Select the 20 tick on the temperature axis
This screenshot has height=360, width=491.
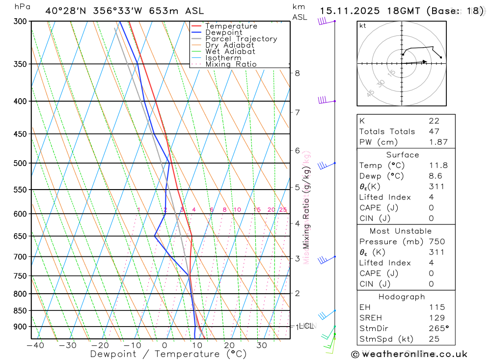[229, 345]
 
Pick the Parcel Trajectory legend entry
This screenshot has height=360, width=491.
[241, 39]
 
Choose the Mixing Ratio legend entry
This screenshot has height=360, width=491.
[231, 64]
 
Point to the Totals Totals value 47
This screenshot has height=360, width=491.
[434, 132]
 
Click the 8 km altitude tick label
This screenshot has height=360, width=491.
[298, 73]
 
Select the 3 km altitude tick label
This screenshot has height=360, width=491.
[298, 258]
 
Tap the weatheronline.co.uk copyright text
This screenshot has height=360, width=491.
[409, 354]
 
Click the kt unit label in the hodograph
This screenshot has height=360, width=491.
[363, 26]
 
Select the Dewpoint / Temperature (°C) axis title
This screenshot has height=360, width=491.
[161, 354]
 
